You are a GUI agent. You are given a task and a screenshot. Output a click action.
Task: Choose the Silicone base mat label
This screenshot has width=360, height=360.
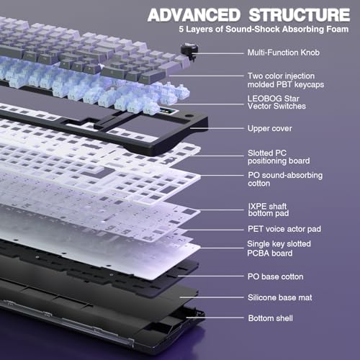point(276,297)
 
